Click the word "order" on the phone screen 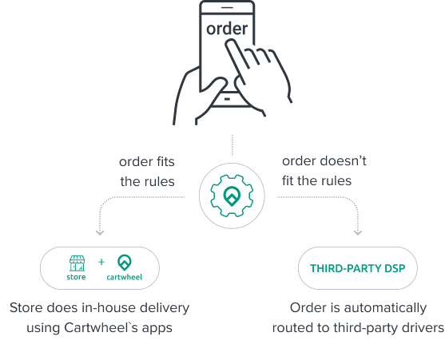tap(227, 29)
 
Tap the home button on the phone tap(227, 99)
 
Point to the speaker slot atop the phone tap(227, 7)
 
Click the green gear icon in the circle tap(232, 196)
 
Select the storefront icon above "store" tap(77, 263)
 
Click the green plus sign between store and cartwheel tap(101, 262)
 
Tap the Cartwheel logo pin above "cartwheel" tap(125, 263)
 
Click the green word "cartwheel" tap(125, 277)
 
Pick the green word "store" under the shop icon tap(76, 277)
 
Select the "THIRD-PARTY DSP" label tap(358, 268)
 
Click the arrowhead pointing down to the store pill tap(100, 232)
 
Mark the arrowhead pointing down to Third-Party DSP tap(358, 232)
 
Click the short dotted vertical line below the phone tap(232, 146)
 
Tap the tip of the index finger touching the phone tap(229, 42)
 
